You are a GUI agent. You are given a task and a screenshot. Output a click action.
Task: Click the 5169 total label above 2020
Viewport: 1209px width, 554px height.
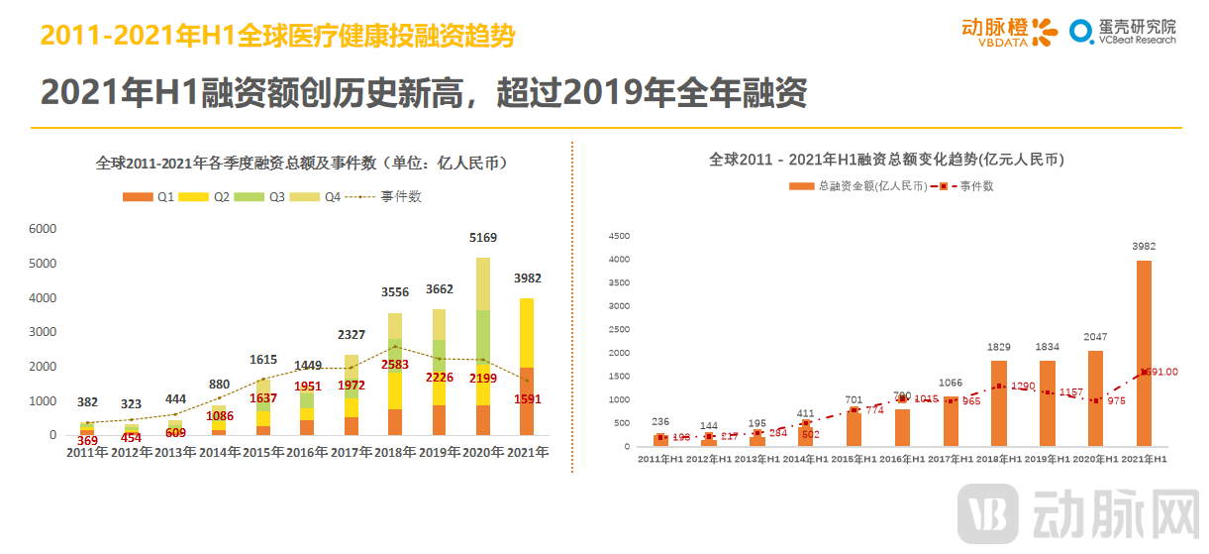(482, 238)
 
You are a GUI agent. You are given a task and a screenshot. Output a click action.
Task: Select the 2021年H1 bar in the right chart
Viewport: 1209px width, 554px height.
(1144, 353)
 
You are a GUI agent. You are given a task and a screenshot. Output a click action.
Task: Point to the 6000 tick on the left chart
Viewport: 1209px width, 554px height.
(43, 229)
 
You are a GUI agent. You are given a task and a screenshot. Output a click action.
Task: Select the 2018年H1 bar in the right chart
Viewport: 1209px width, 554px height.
(1000, 403)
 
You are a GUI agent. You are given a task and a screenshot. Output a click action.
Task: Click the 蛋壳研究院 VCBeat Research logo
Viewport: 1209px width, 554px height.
(1123, 31)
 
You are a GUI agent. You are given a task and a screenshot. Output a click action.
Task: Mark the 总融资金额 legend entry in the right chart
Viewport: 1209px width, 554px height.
(857, 186)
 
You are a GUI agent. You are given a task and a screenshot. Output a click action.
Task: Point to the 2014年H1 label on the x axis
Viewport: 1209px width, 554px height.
(806, 459)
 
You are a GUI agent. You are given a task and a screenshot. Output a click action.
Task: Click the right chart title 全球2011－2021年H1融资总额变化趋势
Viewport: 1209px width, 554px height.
(886, 159)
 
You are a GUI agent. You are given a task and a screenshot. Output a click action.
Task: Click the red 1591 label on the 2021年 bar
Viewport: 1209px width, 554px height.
(527, 399)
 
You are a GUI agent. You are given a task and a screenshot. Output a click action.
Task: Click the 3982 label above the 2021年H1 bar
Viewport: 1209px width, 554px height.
(1144, 246)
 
